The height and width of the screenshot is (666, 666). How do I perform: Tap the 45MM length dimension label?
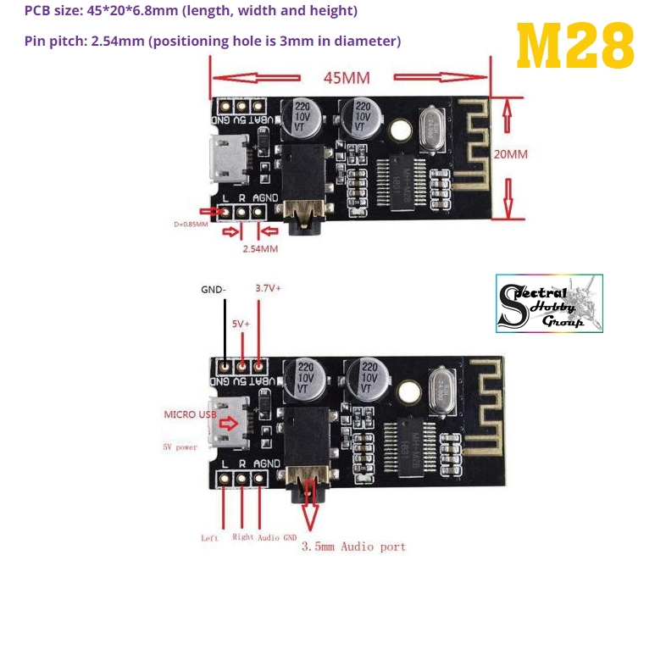[x=346, y=78]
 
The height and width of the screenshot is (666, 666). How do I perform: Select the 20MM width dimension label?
[x=511, y=155]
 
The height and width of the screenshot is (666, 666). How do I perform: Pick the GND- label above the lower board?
[x=214, y=290]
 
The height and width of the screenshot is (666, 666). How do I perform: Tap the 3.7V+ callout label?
[x=268, y=289]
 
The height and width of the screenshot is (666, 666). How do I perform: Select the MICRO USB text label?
[x=191, y=414]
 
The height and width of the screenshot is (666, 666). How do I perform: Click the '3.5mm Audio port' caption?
[x=353, y=547]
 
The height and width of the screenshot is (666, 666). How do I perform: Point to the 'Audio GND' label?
[x=278, y=537]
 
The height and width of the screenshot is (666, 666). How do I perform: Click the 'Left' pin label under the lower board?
[x=209, y=537]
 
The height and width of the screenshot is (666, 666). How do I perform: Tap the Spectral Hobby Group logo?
[x=548, y=302]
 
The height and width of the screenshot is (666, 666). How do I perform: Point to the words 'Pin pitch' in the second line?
[x=50, y=41]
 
